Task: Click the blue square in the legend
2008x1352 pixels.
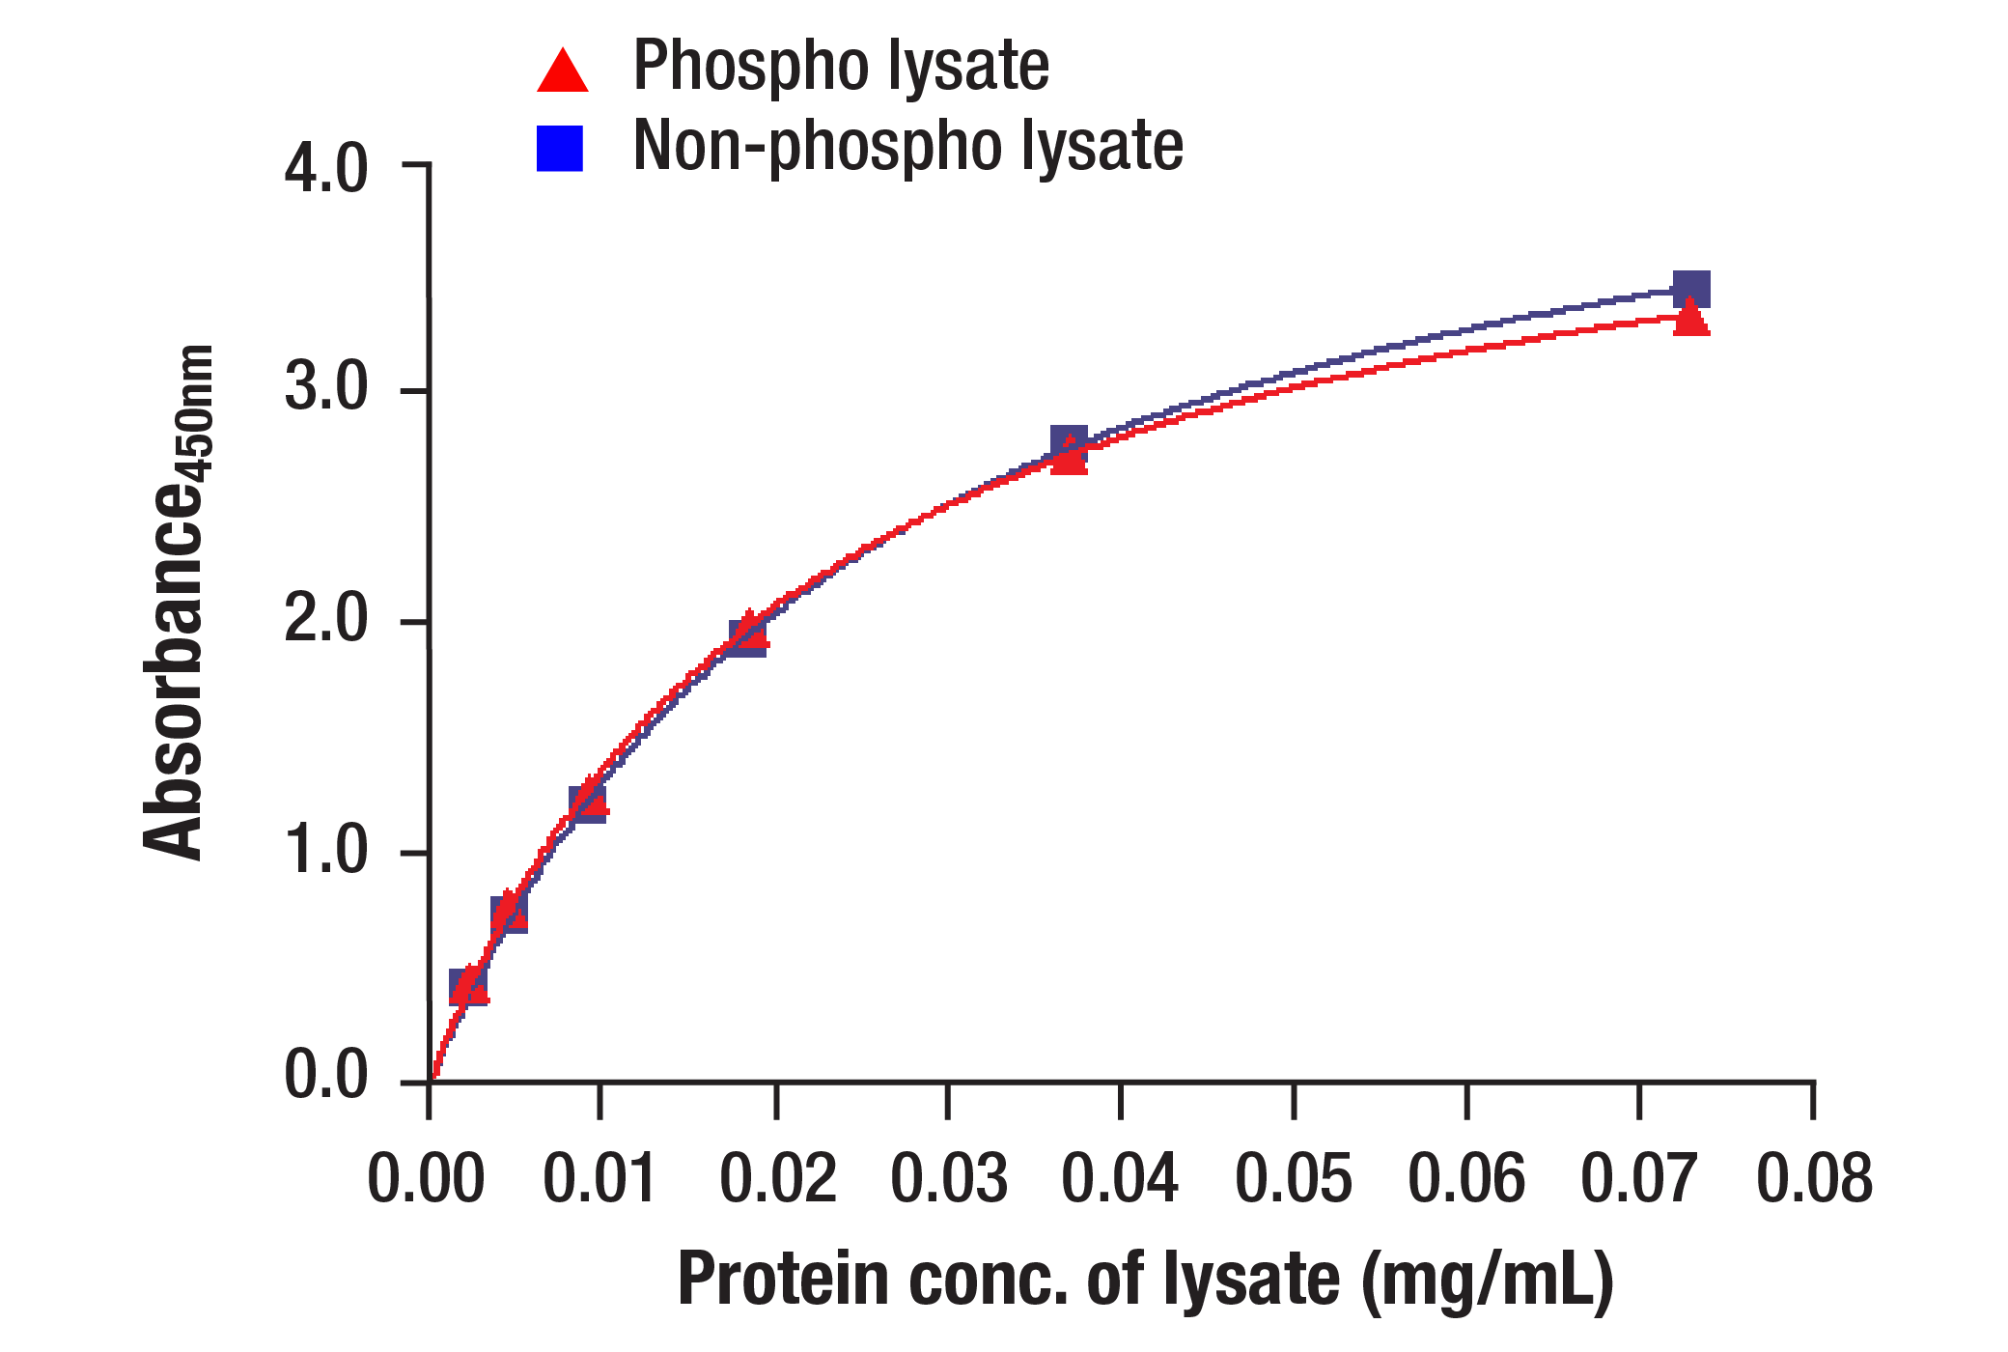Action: click(560, 149)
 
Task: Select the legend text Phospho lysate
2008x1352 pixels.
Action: click(840, 67)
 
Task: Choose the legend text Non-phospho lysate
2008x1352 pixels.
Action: click(907, 147)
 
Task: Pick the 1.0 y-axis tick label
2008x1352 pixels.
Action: click(325, 851)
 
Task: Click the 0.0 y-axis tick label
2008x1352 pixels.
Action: click(325, 1075)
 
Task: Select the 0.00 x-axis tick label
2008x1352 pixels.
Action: click(426, 1179)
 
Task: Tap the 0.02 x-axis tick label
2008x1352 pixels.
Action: click(778, 1179)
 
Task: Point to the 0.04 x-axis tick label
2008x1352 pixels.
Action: click(1120, 1179)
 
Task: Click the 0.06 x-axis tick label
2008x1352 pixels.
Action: click(1466, 1179)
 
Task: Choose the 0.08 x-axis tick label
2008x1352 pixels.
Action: click(1814, 1179)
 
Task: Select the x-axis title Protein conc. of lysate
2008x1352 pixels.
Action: click(1145, 1280)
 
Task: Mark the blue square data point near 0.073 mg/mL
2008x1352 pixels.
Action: click(1691, 289)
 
